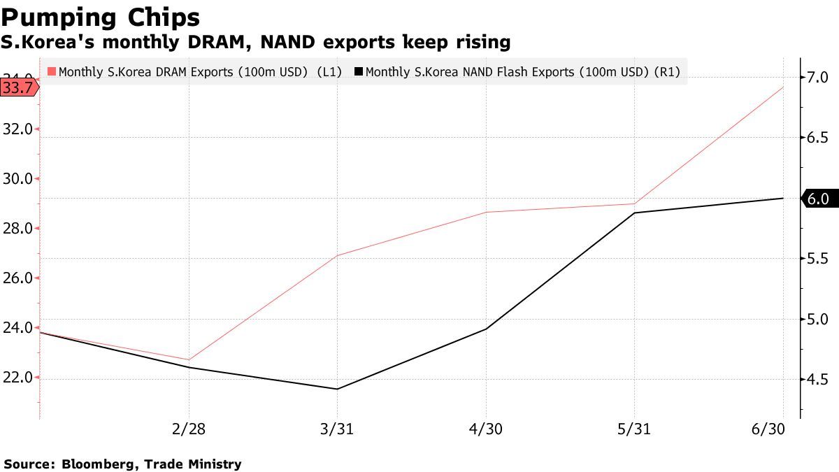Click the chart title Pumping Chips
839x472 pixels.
pos(101,17)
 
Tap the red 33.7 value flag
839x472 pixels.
pos(19,87)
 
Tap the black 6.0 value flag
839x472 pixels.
pos(817,199)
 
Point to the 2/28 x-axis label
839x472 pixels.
pos(189,429)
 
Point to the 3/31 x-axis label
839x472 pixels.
pos(338,429)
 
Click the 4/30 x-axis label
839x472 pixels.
pos(486,429)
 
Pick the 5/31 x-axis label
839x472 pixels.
pos(635,429)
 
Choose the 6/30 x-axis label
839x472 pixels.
pos(768,429)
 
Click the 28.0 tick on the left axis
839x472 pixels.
pos(17,229)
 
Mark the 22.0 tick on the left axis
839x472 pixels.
pos(17,378)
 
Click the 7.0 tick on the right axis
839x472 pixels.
pos(818,76)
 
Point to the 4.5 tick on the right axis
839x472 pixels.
pos(818,380)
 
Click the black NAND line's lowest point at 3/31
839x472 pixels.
pos(338,389)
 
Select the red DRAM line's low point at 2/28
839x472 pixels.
pos(189,360)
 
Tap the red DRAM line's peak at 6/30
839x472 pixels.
pos(783,87)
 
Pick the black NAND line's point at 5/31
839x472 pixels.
pos(635,213)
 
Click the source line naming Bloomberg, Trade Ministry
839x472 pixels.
pos(122,464)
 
